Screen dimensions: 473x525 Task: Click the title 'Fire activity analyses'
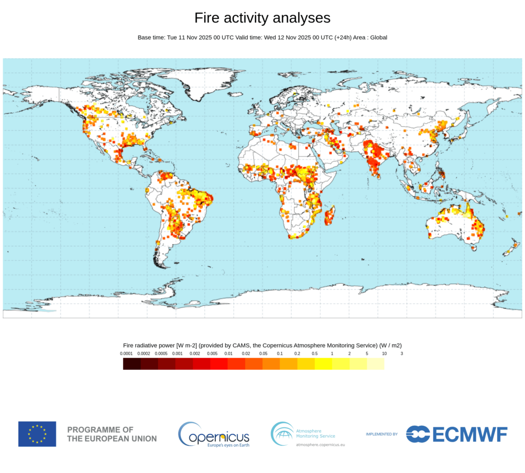pos(262,18)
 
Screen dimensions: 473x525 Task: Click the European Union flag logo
pos(37,433)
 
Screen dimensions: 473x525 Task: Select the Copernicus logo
pos(214,435)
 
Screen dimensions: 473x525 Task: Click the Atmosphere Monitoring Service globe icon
pos(282,433)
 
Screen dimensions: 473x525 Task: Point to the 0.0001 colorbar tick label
pos(127,353)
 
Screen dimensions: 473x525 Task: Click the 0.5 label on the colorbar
pos(314,353)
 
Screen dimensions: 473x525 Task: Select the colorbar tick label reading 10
pos(384,353)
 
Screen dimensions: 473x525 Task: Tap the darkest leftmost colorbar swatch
pos(132,364)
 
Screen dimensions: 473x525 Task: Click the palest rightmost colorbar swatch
pos(375,364)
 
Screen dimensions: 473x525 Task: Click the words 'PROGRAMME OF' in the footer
pos(100,429)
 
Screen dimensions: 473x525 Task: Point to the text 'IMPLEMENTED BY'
pos(381,434)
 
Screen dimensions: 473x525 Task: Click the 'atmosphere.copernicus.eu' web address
pos(320,444)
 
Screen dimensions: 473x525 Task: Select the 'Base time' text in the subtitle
pos(151,37)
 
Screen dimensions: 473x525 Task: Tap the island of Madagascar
pos(331,215)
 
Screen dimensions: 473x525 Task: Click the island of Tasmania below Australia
pos(474,248)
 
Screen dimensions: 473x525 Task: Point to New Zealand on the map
pos(511,250)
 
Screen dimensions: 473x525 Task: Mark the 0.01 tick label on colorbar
pos(229,353)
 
